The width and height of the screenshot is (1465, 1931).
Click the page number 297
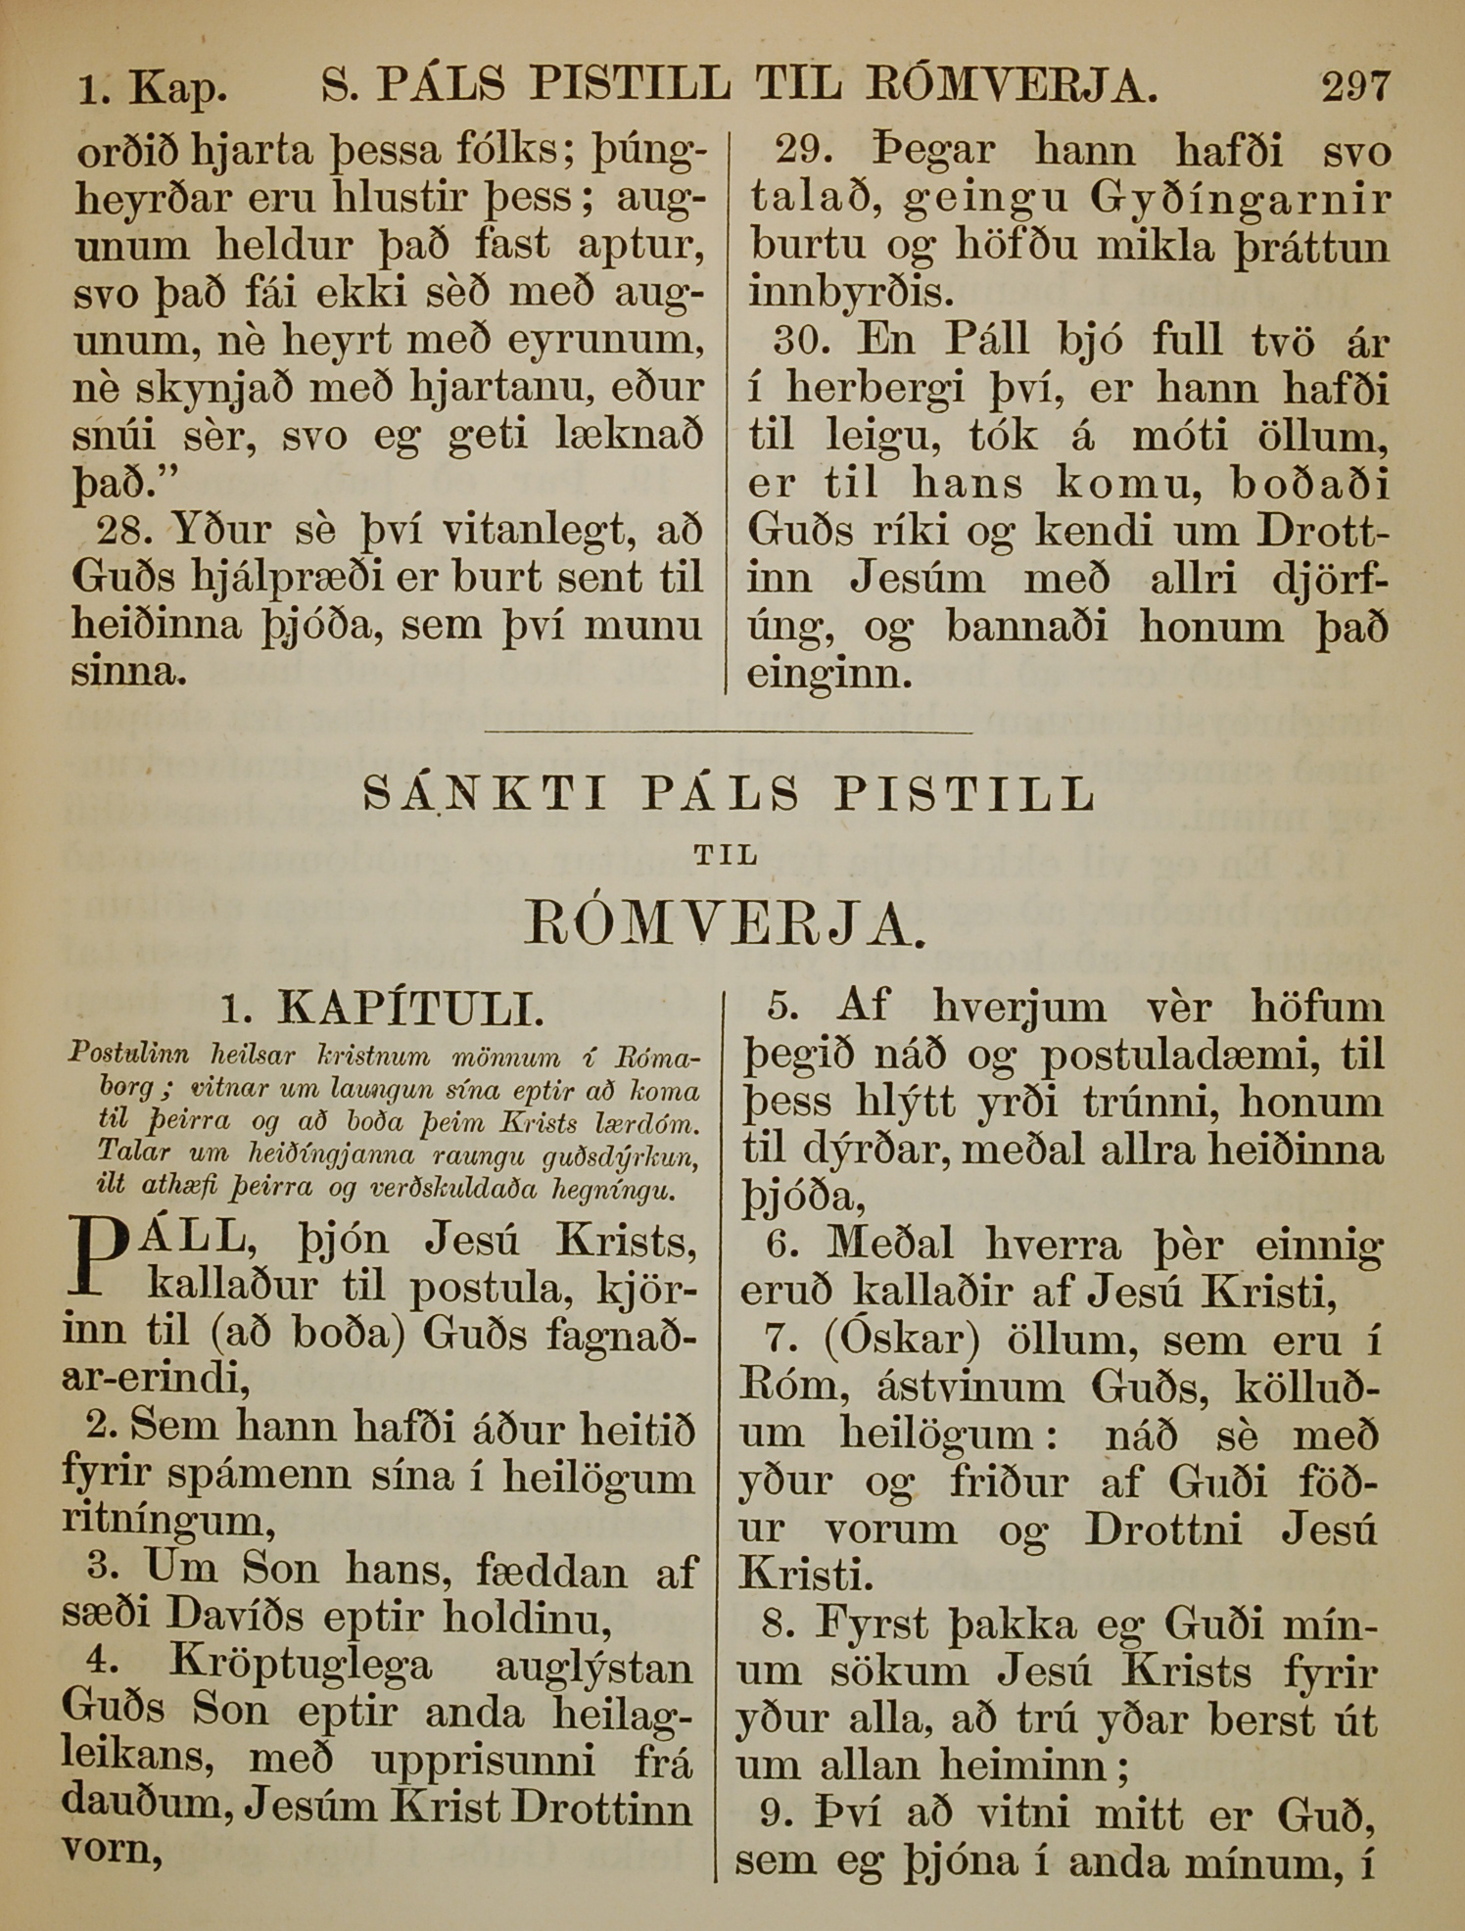(x=1354, y=89)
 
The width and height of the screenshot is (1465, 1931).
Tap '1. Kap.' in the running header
(x=153, y=91)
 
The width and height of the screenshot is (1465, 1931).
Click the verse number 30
(x=801, y=341)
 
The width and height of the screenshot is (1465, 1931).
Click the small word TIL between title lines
(x=726, y=855)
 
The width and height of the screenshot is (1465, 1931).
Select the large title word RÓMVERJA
(x=725, y=923)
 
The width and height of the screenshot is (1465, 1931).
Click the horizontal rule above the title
(x=729, y=730)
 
